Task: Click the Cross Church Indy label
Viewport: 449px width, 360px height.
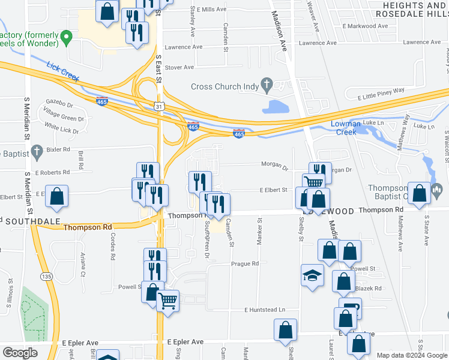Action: point(224,86)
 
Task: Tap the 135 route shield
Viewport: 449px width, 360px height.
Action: point(46,276)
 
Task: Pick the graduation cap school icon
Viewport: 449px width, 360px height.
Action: point(312,275)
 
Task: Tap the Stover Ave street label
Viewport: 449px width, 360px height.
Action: point(179,67)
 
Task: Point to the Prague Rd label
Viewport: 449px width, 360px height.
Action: point(246,263)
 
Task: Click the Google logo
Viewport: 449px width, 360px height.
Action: point(20,353)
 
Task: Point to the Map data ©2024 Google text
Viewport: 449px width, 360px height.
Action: point(412,355)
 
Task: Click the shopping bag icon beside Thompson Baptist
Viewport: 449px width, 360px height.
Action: point(420,193)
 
